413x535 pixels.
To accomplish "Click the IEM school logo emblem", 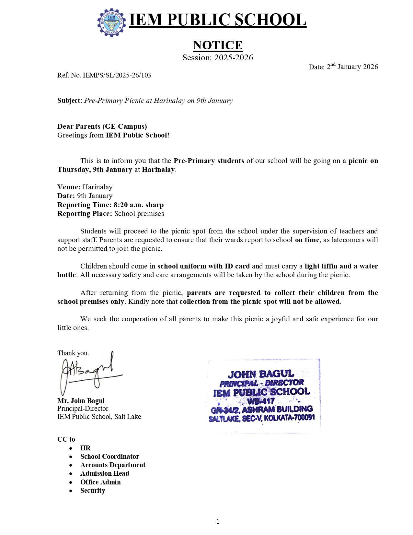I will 111,22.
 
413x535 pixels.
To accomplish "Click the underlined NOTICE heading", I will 217,45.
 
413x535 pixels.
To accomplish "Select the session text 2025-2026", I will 233,58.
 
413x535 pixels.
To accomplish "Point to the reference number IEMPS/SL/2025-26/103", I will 117,75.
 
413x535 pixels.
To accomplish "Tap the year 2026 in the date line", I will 370,67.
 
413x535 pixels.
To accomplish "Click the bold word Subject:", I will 70,101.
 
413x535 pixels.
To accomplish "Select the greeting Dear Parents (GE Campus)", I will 102,126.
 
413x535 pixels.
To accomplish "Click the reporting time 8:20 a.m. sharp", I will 138,205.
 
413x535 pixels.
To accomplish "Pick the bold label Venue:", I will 69,187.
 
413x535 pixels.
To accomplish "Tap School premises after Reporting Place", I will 139,214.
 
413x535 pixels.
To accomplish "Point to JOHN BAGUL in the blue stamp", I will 261,374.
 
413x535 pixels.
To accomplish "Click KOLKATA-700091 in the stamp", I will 289,417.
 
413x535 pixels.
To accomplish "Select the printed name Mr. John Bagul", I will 81,401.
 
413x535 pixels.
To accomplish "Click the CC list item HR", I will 86,448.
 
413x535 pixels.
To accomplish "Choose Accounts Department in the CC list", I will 113,465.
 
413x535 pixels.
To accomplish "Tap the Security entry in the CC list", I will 93,491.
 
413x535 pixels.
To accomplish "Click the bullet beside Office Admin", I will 71,482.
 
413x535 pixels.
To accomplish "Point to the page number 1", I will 218,521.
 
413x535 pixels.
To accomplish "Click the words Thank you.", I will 73,353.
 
